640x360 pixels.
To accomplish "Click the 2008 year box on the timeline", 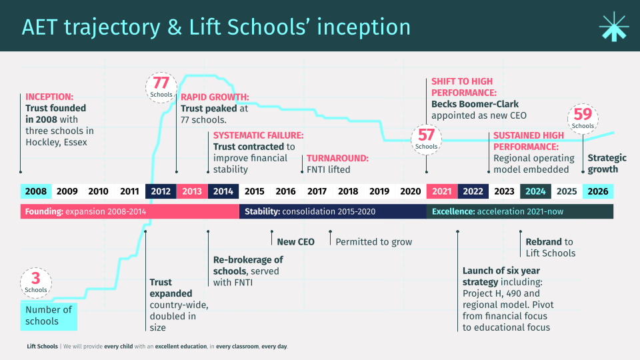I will click(36, 191).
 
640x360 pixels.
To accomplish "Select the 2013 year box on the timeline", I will click(192, 191).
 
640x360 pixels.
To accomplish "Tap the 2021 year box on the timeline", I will click(441, 191).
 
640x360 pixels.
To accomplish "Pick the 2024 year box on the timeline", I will click(535, 191).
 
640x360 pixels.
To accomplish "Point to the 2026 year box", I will click(598, 191).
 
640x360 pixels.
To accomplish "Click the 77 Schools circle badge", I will click(161, 87).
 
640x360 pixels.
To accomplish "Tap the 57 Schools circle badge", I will click(426, 139).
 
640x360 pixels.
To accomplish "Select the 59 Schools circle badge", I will click(583, 118).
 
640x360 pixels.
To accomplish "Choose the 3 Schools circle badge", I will click(36, 282).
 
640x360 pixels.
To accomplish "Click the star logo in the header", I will click(613, 27).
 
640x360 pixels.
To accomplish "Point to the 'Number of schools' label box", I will click(49, 315).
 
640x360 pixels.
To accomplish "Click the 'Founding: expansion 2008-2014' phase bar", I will click(130, 211).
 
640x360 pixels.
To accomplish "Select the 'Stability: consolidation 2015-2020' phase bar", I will click(333, 211).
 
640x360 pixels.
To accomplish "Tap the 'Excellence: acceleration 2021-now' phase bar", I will click(520, 211).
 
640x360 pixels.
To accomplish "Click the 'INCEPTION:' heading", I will click(49, 97).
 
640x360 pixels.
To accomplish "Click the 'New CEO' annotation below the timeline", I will click(295, 242).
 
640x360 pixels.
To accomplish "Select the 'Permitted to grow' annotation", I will click(374, 242).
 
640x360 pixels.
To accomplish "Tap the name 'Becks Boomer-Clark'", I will click(475, 104).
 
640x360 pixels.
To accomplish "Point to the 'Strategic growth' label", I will click(607, 163).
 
